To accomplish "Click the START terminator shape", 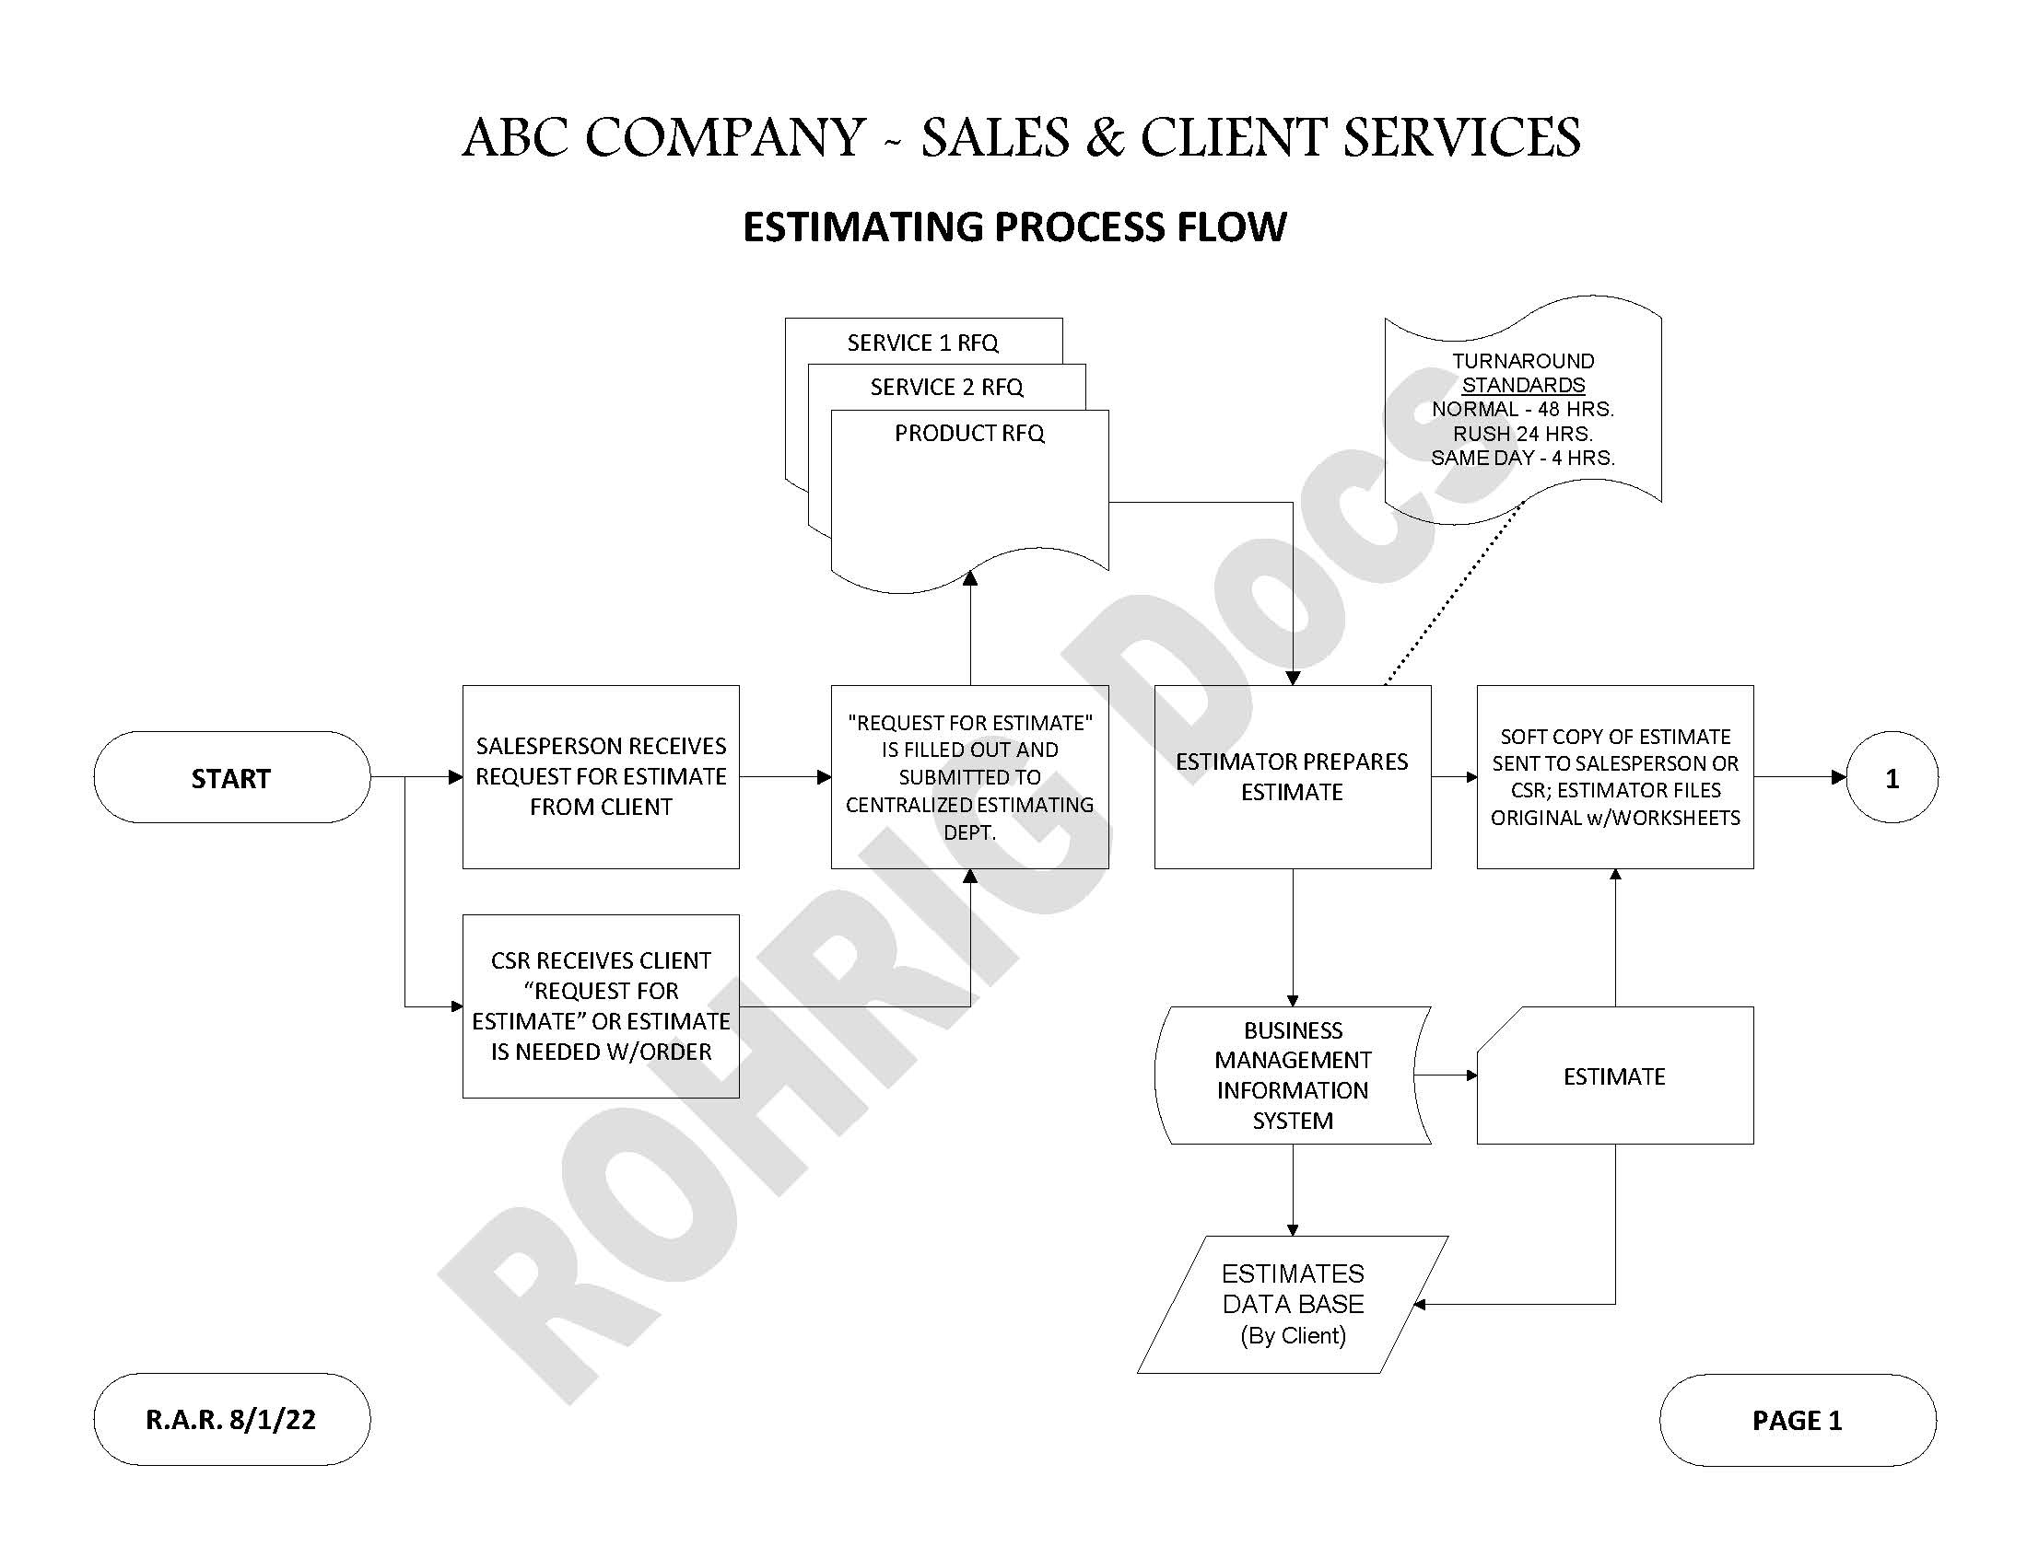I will click(x=231, y=777).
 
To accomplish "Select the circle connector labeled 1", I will click(x=1892, y=777).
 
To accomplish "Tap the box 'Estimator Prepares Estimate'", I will click(x=1292, y=776).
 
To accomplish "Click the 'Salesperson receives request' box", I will click(x=600, y=776).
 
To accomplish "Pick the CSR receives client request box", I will click(x=600, y=1006).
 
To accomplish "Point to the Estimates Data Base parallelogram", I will click(x=1292, y=1303).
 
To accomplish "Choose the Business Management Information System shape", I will click(x=1292, y=1075).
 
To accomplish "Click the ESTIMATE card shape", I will click(x=1614, y=1075).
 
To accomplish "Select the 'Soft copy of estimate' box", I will click(x=1614, y=776).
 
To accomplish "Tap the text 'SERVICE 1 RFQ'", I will click(x=922, y=343).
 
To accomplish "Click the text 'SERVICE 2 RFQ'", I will click(x=946, y=388).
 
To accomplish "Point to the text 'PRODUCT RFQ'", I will click(x=968, y=434).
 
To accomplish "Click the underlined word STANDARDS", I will click(x=1522, y=385).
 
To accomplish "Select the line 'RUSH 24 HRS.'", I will click(x=1522, y=433).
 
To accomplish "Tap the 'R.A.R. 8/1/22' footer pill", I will click(x=231, y=1419).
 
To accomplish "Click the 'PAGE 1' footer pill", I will click(x=1797, y=1420).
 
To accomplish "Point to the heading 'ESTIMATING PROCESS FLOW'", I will click(x=1014, y=227).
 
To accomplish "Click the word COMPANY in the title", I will click(x=725, y=137).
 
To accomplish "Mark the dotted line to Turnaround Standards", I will click(x=1454, y=594).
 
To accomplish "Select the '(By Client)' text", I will click(x=1293, y=1335).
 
